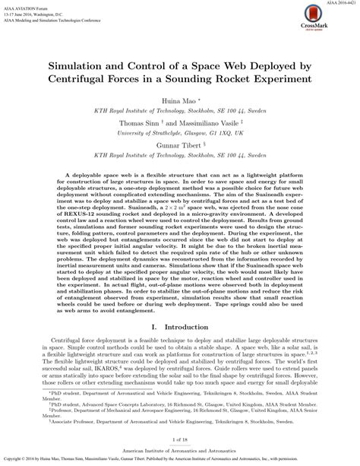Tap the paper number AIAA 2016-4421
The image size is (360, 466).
click(x=337, y=4)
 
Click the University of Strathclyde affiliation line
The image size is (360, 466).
click(x=179, y=132)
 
